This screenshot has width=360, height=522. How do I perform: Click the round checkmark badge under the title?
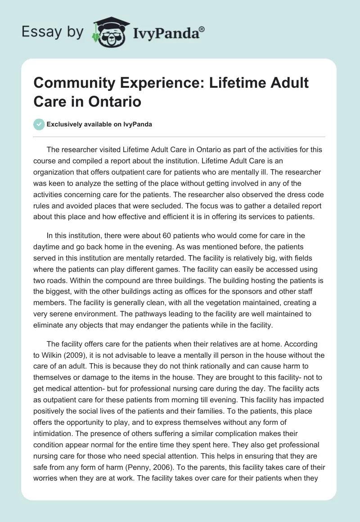(x=39, y=124)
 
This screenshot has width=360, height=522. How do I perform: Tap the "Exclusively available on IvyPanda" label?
(x=100, y=124)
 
